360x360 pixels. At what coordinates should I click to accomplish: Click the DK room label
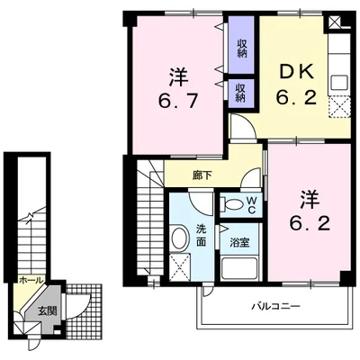[297, 72]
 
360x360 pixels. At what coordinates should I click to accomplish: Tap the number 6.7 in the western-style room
[178, 101]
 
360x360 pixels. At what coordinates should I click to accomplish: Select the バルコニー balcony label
[276, 307]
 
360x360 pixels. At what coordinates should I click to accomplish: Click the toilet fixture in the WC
[231, 205]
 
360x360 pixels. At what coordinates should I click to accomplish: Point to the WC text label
[251, 205]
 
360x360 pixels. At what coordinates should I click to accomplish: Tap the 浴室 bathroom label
[239, 242]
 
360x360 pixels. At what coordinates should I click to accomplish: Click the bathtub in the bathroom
[239, 269]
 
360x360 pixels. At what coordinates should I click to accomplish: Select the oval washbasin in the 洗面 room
[179, 238]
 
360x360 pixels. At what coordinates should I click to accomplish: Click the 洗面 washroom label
[201, 235]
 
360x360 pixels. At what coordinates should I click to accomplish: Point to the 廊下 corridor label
[201, 175]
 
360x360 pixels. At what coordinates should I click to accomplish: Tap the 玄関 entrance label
[48, 311]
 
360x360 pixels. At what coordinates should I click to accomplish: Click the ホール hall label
[31, 281]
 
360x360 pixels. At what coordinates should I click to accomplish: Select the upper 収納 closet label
[242, 49]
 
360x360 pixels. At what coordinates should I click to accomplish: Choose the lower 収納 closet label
[240, 93]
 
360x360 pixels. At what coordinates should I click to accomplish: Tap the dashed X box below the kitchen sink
[339, 107]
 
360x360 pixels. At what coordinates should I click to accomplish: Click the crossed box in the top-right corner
[334, 22]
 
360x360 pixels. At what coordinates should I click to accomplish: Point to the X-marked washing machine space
[180, 267]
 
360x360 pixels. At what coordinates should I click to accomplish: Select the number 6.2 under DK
[297, 97]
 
